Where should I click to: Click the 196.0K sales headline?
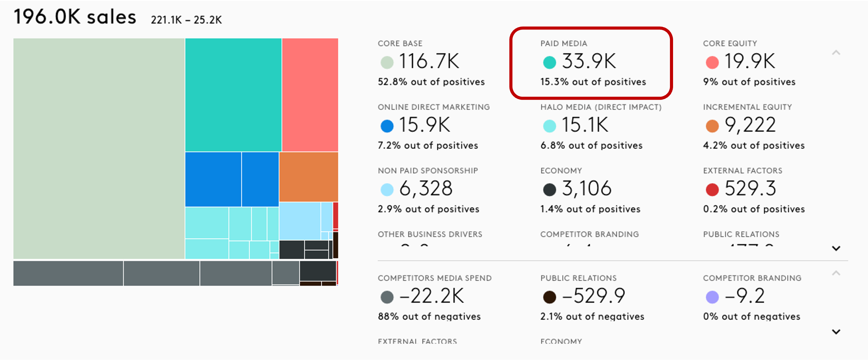(x=75, y=17)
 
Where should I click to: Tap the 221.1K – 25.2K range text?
(x=186, y=20)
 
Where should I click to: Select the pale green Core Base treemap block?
(x=99, y=148)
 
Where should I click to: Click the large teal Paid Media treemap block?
(x=233, y=95)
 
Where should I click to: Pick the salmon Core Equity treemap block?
(x=310, y=95)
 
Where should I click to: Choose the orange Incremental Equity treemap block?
(x=308, y=177)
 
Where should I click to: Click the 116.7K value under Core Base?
(x=429, y=62)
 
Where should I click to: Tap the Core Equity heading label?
(x=730, y=43)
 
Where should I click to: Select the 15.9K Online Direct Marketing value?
(x=425, y=125)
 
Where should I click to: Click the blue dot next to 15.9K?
(x=387, y=126)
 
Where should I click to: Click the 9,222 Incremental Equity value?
(x=750, y=125)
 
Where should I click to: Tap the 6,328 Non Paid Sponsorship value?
(x=425, y=189)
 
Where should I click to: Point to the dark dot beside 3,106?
(x=549, y=190)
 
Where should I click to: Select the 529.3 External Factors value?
(x=750, y=189)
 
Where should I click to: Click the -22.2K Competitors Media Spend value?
(x=431, y=296)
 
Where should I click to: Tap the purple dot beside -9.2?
(x=712, y=297)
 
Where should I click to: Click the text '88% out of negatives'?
(x=429, y=317)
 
